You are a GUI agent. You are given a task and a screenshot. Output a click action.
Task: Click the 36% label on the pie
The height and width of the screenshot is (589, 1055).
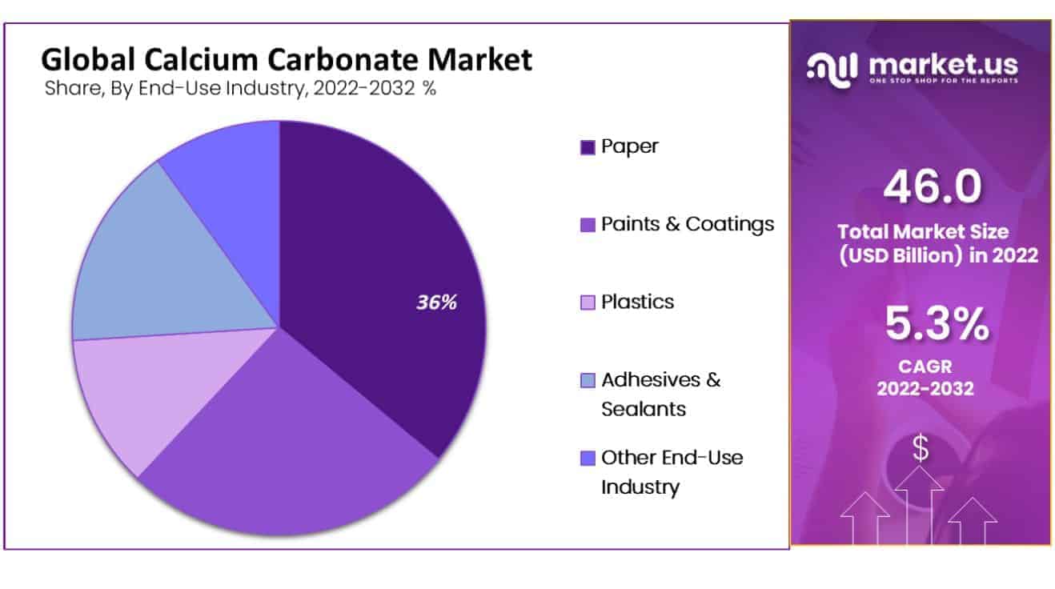click(x=436, y=303)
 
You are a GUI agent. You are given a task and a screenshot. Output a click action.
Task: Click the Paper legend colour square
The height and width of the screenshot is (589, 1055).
click(x=588, y=147)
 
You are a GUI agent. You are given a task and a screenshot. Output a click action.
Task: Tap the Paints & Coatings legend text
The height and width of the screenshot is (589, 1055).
click(x=688, y=224)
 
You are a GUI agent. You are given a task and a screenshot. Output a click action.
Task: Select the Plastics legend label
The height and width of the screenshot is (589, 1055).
click(x=637, y=302)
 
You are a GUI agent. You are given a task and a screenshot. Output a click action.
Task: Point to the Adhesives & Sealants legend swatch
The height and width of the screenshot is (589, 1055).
click(x=588, y=380)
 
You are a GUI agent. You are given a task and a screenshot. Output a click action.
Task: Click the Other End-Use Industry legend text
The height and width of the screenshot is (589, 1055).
click(x=672, y=471)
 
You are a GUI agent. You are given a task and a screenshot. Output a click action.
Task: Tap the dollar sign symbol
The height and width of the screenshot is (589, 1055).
click(x=921, y=450)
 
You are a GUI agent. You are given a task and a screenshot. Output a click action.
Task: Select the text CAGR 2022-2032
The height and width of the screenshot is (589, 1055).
click(x=925, y=379)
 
